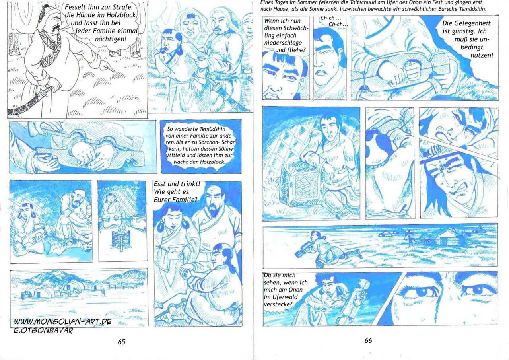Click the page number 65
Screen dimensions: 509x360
point(121,342)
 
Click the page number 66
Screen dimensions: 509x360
point(368,340)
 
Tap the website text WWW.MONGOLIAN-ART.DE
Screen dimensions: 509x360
point(63,321)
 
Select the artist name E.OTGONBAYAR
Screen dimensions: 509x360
point(43,331)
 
